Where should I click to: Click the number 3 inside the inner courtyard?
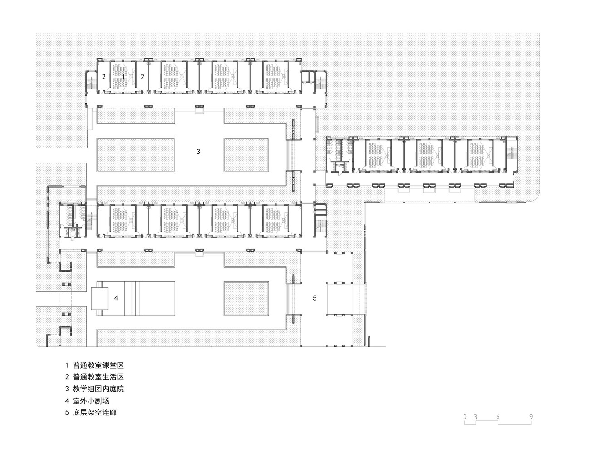coord(198,152)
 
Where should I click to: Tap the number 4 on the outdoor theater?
coord(116,298)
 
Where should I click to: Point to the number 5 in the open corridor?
coord(315,298)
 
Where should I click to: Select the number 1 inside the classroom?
coord(123,77)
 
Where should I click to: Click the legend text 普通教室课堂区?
coord(98,365)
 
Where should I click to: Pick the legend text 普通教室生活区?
coord(98,377)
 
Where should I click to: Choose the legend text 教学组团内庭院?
coord(98,389)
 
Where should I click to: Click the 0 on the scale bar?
coord(465,417)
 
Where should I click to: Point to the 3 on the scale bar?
coord(475,417)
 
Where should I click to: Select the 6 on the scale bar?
coord(498,417)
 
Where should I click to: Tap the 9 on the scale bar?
coord(531,417)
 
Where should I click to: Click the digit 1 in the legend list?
coord(67,365)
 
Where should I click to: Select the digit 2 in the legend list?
coord(67,377)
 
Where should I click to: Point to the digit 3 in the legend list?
coord(67,389)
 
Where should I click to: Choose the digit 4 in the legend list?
coord(67,401)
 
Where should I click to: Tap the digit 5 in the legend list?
coord(67,413)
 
